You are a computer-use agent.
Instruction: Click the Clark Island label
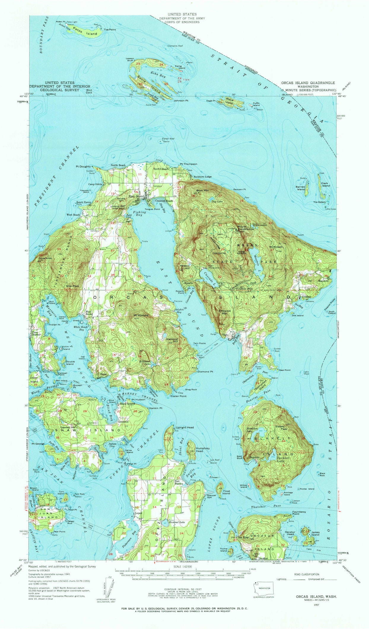click(x=326, y=184)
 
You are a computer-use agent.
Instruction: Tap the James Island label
click(x=315, y=533)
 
